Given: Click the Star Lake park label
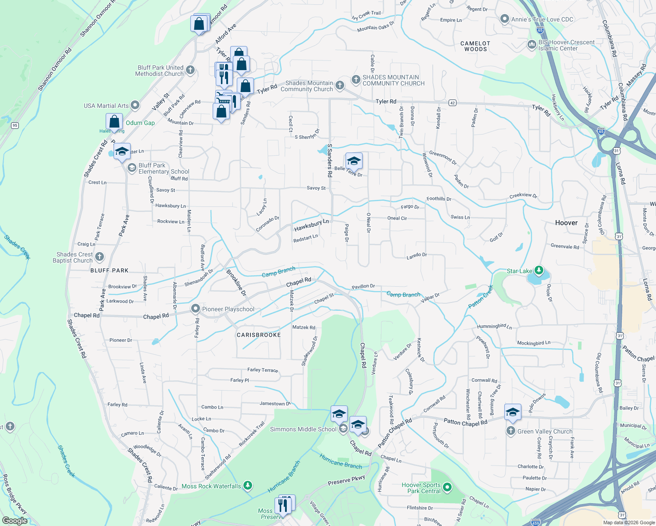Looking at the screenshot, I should tap(519, 271).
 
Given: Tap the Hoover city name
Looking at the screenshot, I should tap(566, 223).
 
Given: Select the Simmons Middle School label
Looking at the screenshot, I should tap(303, 429).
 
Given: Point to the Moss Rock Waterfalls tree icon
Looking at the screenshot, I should tap(248, 485).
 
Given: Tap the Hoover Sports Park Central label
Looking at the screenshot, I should tap(421, 488).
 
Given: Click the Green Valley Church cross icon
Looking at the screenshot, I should tap(510, 431).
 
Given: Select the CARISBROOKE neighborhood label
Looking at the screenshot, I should tap(259, 335).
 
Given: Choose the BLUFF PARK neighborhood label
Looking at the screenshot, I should tap(109, 270).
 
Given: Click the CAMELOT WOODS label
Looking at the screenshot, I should tap(475, 46).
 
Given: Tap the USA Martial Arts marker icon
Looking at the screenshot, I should tap(135, 105).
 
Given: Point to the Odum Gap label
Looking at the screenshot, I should tap(140, 123).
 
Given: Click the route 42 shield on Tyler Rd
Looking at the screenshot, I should tap(453, 103).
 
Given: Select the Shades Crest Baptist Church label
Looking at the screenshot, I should tap(73, 257).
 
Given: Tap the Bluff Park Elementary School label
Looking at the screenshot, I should tap(164, 168).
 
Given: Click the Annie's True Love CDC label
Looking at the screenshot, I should tap(542, 19).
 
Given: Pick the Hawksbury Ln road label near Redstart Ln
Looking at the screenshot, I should tap(311, 225).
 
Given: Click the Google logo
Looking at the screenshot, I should tap(14, 521).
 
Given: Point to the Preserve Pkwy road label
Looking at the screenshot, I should tap(346, 480).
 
